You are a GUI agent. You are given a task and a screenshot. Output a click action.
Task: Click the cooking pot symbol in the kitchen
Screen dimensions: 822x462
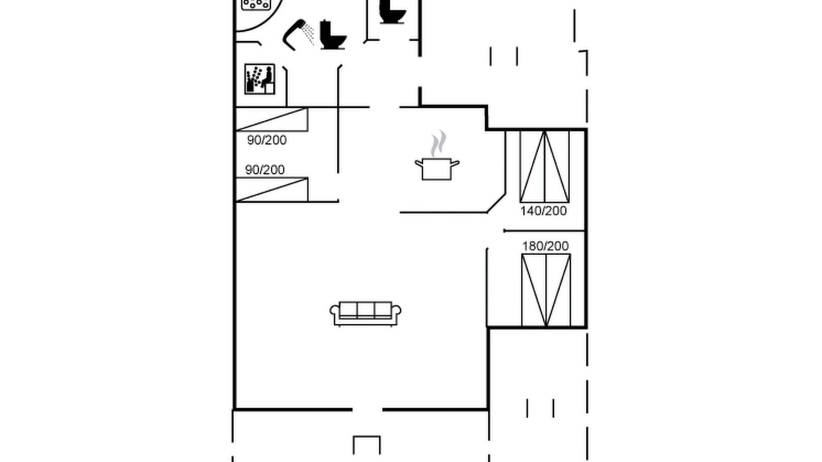[x=437, y=169]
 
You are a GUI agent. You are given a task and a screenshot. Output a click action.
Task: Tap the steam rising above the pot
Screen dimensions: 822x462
[x=439, y=143]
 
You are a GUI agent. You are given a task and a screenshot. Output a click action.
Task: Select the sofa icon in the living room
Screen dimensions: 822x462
[x=365, y=314]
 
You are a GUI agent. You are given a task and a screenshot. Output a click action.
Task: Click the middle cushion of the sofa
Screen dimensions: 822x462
[x=365, y=310]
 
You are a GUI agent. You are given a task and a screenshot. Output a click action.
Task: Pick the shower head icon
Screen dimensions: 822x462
[x=298, y=35]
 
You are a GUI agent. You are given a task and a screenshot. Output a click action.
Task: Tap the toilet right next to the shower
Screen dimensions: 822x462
[x=333, y=35]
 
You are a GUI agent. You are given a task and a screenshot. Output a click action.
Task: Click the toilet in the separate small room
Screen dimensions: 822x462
[x=392, y=12]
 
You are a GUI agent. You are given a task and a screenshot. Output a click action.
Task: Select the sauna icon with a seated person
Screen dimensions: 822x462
[x=260, y=79]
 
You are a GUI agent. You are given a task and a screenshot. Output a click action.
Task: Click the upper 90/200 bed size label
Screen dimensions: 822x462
[x=267, y=140]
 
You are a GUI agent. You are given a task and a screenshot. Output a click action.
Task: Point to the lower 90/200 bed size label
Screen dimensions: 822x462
[x=265, y=170]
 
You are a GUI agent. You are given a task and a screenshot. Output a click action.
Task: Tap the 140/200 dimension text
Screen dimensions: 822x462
[x=543, y=211]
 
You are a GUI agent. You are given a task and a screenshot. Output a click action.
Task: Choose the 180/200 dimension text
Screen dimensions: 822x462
[x=545, y=246]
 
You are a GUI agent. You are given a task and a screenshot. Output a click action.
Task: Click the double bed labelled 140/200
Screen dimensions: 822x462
[x=545, y=166]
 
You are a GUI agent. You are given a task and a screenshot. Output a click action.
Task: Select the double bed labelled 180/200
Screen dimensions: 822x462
[x=546, y=290]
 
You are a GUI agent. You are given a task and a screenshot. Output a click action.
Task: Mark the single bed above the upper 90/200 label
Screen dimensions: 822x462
[x=272, y=119]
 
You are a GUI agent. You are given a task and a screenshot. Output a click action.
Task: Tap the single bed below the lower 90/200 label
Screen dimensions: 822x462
[x=272, y=189]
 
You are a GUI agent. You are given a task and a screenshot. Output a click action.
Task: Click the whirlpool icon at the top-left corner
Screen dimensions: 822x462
[x=256, y=4]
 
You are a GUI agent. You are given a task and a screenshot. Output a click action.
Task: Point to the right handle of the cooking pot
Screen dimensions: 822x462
[x=455, y=163]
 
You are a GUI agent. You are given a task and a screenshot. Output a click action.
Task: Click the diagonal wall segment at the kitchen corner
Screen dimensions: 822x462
[x=496, y=203]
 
